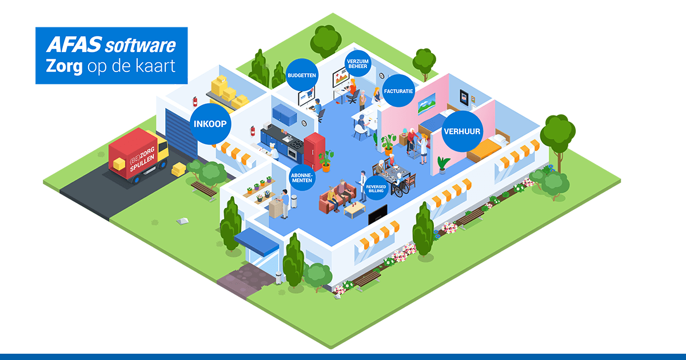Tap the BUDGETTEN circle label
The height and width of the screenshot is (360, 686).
301,75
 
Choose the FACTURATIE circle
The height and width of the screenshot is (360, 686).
398,90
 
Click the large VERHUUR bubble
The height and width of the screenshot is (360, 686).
462,131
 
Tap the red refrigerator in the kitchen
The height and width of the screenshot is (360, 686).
314,150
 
